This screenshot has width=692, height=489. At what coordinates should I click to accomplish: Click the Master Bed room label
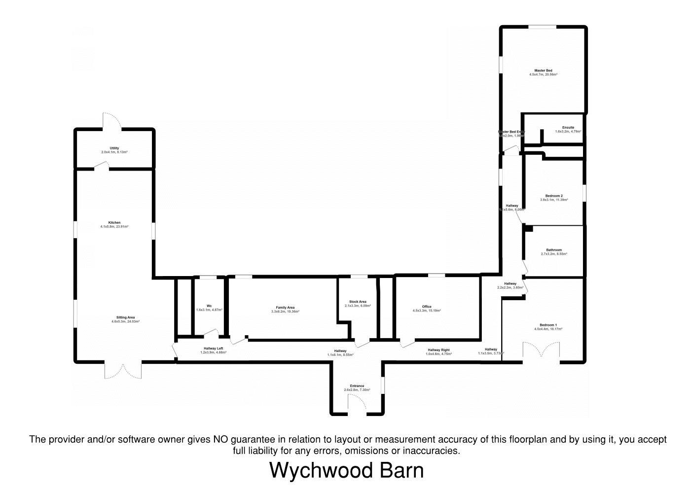(543, 70)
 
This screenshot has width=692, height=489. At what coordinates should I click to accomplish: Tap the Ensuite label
(568, 128)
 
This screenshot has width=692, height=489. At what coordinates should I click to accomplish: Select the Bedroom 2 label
(554, 196)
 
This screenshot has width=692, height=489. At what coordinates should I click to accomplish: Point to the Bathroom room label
(554, 250)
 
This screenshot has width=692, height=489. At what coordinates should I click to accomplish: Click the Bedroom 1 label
(548, 325)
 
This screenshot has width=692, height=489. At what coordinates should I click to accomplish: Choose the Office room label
(427, 307)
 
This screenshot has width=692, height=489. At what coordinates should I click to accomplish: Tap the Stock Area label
(358, 302)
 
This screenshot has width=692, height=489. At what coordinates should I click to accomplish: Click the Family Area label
(285, 308)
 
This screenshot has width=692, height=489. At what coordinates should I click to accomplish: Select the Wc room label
(209, 306)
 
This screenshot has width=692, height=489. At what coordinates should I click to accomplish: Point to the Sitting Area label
(125, 317)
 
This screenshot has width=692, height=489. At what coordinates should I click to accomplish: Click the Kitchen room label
(114, 223)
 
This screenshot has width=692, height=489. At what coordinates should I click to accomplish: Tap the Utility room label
(114, 148)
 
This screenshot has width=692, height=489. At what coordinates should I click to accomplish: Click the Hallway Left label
(213, 349)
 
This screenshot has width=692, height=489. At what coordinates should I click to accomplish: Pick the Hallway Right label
(438, 350)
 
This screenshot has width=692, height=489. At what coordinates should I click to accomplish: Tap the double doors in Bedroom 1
(541, 352)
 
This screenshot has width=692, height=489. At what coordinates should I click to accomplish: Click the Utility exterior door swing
(112, 121)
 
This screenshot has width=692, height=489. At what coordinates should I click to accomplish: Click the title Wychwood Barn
(346, 470)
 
